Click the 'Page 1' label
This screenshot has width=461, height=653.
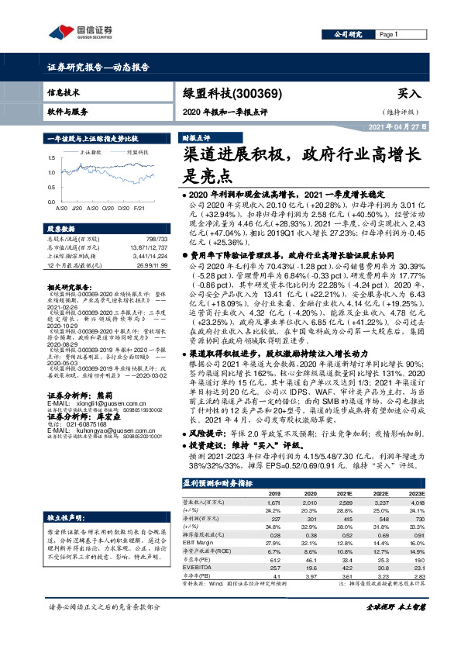(x=387, y=35)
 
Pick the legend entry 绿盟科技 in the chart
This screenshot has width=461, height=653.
(x=137, y=153)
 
